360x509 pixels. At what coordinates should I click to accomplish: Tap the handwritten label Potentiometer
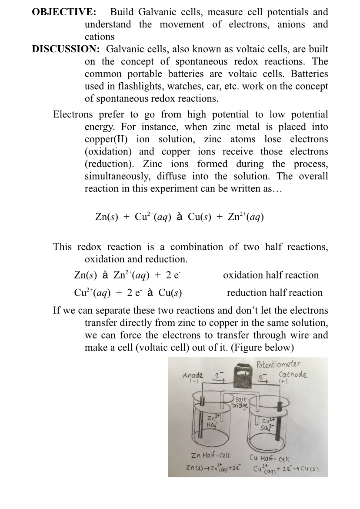click(278, 364)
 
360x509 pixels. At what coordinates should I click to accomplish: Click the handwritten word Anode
click(192, 375)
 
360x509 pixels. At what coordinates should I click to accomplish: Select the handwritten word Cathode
click(292, 375)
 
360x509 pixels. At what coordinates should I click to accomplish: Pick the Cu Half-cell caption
click(270, 458)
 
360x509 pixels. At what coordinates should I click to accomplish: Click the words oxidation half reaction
click(270, 275)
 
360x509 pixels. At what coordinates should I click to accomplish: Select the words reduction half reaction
click(274, 293)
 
